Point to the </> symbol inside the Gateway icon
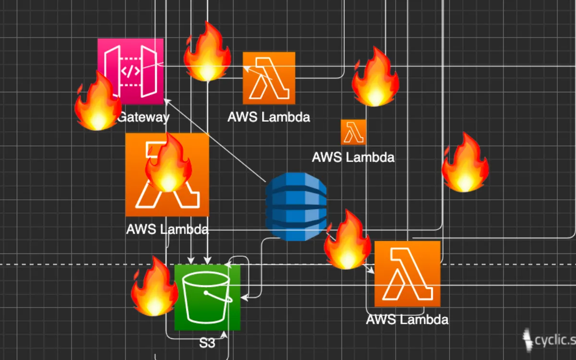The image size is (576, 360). pos(130,72)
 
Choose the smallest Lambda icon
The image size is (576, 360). pos(353,132)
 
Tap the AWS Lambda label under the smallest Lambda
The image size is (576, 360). pos(353,157)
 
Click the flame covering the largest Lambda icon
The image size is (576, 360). pos(168,163)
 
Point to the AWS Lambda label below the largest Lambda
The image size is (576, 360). pos(167,229)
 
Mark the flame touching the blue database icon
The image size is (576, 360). pos(348,240)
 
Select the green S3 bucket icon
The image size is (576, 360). pos(207,298)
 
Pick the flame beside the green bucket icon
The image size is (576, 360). pos(154,287)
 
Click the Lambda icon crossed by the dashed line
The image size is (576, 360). pos(407,274)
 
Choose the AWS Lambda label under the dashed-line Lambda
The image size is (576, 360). pos(407,320)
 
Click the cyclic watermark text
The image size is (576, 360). pos(554,340)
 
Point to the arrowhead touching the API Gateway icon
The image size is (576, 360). pos(166,100)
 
